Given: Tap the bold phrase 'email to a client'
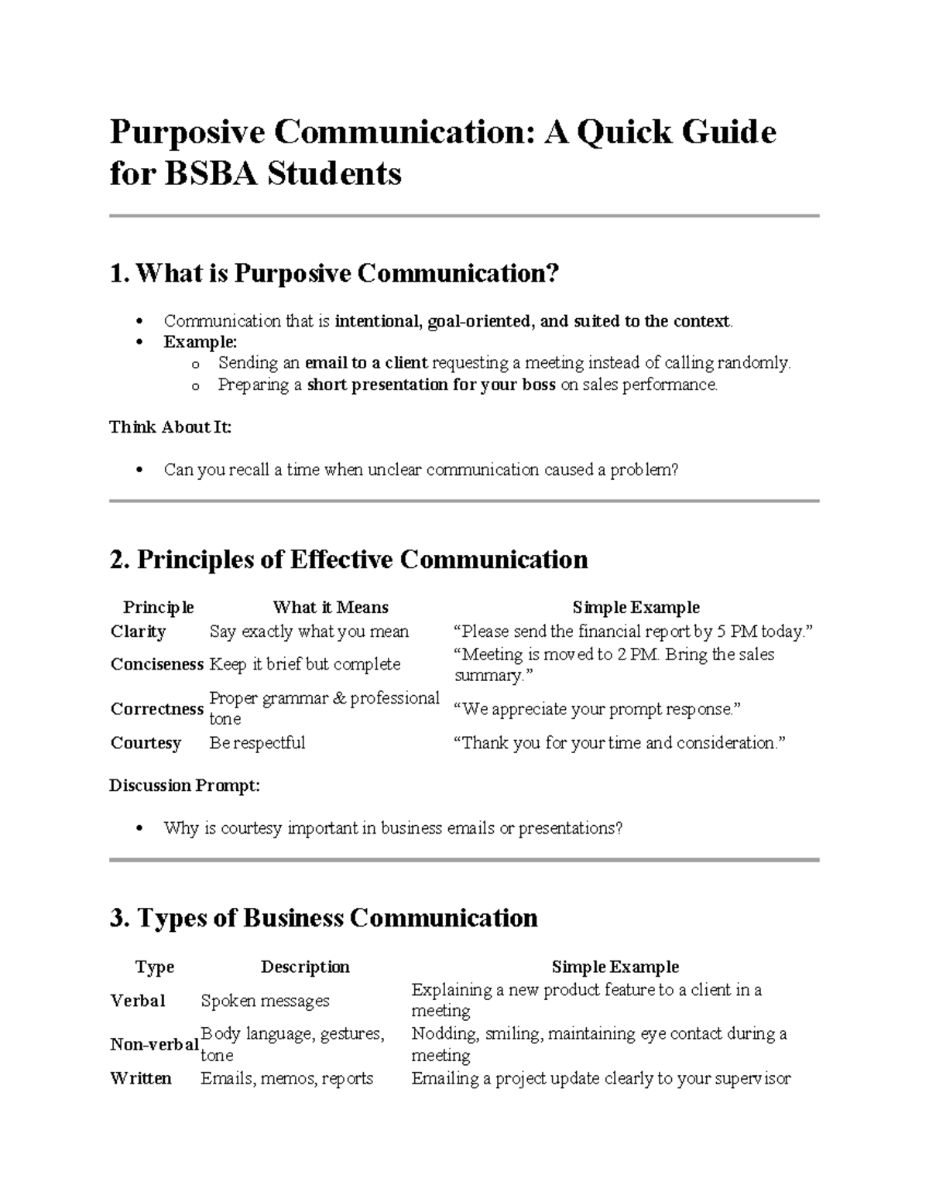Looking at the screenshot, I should pos(366,363).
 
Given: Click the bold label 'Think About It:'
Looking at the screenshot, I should pos(170,427).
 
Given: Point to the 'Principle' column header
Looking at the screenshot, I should pos(158,608).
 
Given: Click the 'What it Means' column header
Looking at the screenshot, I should pos(330,608).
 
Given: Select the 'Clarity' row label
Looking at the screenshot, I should pos(139,632).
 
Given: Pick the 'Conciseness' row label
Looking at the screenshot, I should pos(156,664).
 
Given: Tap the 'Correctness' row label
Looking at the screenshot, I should pos(156,709).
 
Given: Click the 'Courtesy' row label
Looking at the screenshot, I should pos(146,743).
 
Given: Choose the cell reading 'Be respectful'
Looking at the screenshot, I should pos(257,743).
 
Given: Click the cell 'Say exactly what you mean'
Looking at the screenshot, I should pos(309,632).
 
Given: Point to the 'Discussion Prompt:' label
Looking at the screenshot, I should pos(184,786).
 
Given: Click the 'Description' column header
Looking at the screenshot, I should pos(305,967).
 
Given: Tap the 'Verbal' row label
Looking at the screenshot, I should pos(138,1001).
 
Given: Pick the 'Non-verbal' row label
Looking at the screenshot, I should pos(154,1045).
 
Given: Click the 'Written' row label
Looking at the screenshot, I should pos(140,1078).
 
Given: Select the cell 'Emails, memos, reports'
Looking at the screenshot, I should pos(286,1078).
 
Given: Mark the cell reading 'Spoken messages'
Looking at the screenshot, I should pos(265,1001).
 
